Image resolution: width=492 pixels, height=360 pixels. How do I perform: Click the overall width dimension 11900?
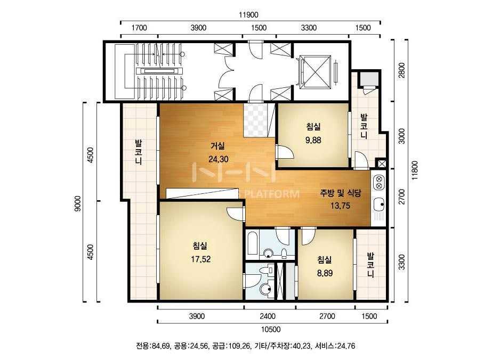click(x=248, y=15)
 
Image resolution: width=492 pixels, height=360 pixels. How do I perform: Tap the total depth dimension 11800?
click(x=415, y=170)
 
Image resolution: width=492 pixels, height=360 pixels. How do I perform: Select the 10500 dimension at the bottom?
click(x=270, y=329)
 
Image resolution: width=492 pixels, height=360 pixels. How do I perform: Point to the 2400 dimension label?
click(x=268, y=316)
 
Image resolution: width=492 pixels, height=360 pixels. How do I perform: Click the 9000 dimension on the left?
click(x=77, y=203)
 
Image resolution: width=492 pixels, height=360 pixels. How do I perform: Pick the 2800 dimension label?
click(x=401, y=70)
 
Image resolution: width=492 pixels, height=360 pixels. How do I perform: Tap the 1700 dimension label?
click(x=139, y=28)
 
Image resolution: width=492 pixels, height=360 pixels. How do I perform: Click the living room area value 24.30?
click(x=219, y=159)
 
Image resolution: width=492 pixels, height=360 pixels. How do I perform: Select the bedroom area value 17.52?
click(x=200, y=259)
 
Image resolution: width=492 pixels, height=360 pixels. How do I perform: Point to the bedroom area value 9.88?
click(x=313, y=140)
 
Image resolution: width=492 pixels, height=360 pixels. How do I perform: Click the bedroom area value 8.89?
click(x=325, y=273)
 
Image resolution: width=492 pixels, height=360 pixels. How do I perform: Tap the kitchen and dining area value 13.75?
click(x=340, y=206)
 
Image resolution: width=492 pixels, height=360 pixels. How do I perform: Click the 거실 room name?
click(x=218, y=146)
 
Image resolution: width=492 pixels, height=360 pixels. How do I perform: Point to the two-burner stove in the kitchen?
click(x=378, y=183)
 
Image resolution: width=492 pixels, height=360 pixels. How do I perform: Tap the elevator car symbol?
click(x=315, y=72)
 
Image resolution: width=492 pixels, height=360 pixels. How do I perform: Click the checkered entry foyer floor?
click(x=256, y=120)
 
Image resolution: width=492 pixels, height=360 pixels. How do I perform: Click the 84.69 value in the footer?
click(x=161, y=346)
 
